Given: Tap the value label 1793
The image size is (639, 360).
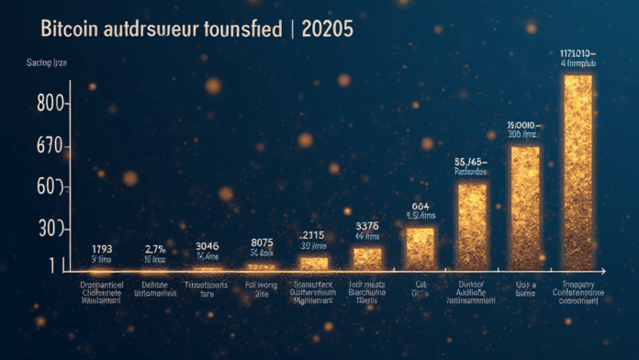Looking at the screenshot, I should point(103,249).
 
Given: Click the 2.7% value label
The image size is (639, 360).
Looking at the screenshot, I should point(155,249).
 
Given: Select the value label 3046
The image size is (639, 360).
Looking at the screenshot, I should point(207,246).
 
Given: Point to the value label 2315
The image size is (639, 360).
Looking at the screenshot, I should point(313,234).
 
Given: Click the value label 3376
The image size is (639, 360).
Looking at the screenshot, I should point(366,227).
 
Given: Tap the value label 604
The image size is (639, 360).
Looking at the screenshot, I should point(420,207).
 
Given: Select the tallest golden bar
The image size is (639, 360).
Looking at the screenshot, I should point(577,173).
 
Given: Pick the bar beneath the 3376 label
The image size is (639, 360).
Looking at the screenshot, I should point(367,258).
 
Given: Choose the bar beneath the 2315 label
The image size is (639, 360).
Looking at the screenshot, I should point(314,263).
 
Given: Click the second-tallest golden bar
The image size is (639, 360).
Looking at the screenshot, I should point(524,208).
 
